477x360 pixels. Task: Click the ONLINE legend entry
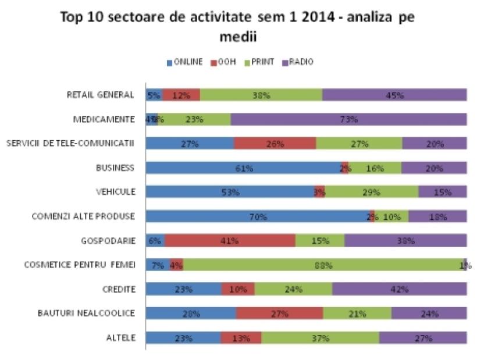(184, 62)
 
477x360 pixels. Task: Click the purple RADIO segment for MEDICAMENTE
(349, 119)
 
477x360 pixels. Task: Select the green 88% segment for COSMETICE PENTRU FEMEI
(323, 265)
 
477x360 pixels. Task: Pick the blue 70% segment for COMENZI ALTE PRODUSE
(258, 216)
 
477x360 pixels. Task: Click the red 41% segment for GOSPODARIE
(230, 240)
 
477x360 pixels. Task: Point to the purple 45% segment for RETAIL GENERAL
(394, 95)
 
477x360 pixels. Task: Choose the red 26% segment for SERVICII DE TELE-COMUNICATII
(275, 144)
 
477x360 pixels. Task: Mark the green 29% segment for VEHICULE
(371, 192)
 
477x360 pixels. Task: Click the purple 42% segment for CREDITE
(399, 289)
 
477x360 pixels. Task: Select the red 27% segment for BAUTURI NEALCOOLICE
(279, 313)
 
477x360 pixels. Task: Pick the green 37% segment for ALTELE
(320, 337)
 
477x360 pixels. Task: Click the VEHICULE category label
(115, 192)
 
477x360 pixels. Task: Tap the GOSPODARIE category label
(109, 240)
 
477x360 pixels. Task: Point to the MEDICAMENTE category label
(104, 119)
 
